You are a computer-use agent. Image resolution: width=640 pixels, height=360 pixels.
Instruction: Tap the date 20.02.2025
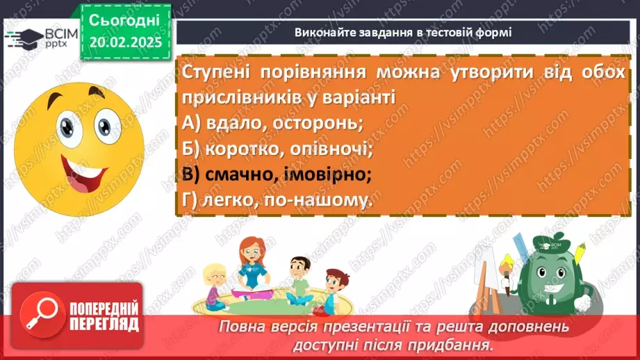pyautogui.click(x=125, y=41)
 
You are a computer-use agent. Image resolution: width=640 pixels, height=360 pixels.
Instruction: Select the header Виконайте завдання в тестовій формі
pyautogui.click(x=403, y=31)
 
